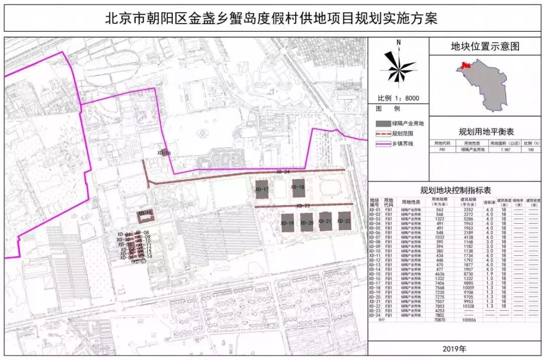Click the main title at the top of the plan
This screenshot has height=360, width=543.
pyautogui.click(x=271, y=19)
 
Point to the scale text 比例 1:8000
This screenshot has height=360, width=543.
pyautogui.click(x=398, y=99)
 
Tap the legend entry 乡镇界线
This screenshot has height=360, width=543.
pyautogui.click(x=402, y=144)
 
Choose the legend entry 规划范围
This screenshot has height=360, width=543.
pyautogui.click(x=402, y=134)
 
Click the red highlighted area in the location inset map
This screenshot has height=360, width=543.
pyautogui.click(x=465, y=65)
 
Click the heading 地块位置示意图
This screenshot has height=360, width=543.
pyautogui.click(x=485, y=47)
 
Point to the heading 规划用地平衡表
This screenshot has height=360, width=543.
pyautogui.click(x=486, y=132)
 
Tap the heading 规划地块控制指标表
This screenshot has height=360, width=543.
pyautogui.click(x=456, y=190)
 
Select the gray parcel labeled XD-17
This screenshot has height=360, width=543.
pyautogui.click(x=262, y=189)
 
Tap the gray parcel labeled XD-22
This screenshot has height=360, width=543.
pyautogui.click(x=344, y=221)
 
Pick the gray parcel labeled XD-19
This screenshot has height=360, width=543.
pyautogui.click(x=288, y=223)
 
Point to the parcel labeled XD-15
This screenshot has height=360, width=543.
pyautogui.click(x=146, y=215)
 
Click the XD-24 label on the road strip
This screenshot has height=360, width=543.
pyautogui.click(x=283, y=172)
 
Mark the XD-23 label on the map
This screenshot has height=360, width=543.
pyautogui.click(x=303, y=206)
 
